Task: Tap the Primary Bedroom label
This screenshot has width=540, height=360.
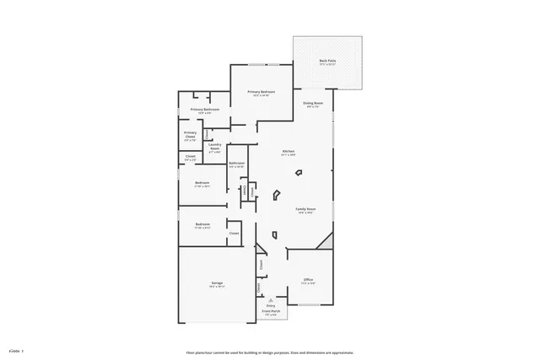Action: [x=261, y=92]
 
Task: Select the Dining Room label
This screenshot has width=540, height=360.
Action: [x=313, y=104]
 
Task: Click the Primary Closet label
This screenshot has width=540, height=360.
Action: [x=190, y=133]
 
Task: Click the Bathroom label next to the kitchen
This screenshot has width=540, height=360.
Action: [x=236, y=164]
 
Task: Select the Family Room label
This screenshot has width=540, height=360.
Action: [x=305, y=209]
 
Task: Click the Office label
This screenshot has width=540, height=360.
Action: [x=308, y=280]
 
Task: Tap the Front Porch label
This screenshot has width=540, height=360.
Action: [x=270, y=312]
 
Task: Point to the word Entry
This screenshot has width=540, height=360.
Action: [x=270, y=306]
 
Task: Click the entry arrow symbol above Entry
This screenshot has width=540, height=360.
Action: [x=270, y=299]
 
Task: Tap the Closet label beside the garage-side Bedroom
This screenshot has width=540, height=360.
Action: [x=235, y=234]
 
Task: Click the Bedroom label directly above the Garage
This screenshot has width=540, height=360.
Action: [x=202, y=224]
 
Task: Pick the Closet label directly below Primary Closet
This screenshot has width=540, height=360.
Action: [x=190, y=156]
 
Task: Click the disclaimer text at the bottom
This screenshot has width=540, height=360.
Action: [x=269, y=352]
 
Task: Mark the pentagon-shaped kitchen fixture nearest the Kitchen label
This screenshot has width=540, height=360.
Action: [x=298, y=173]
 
